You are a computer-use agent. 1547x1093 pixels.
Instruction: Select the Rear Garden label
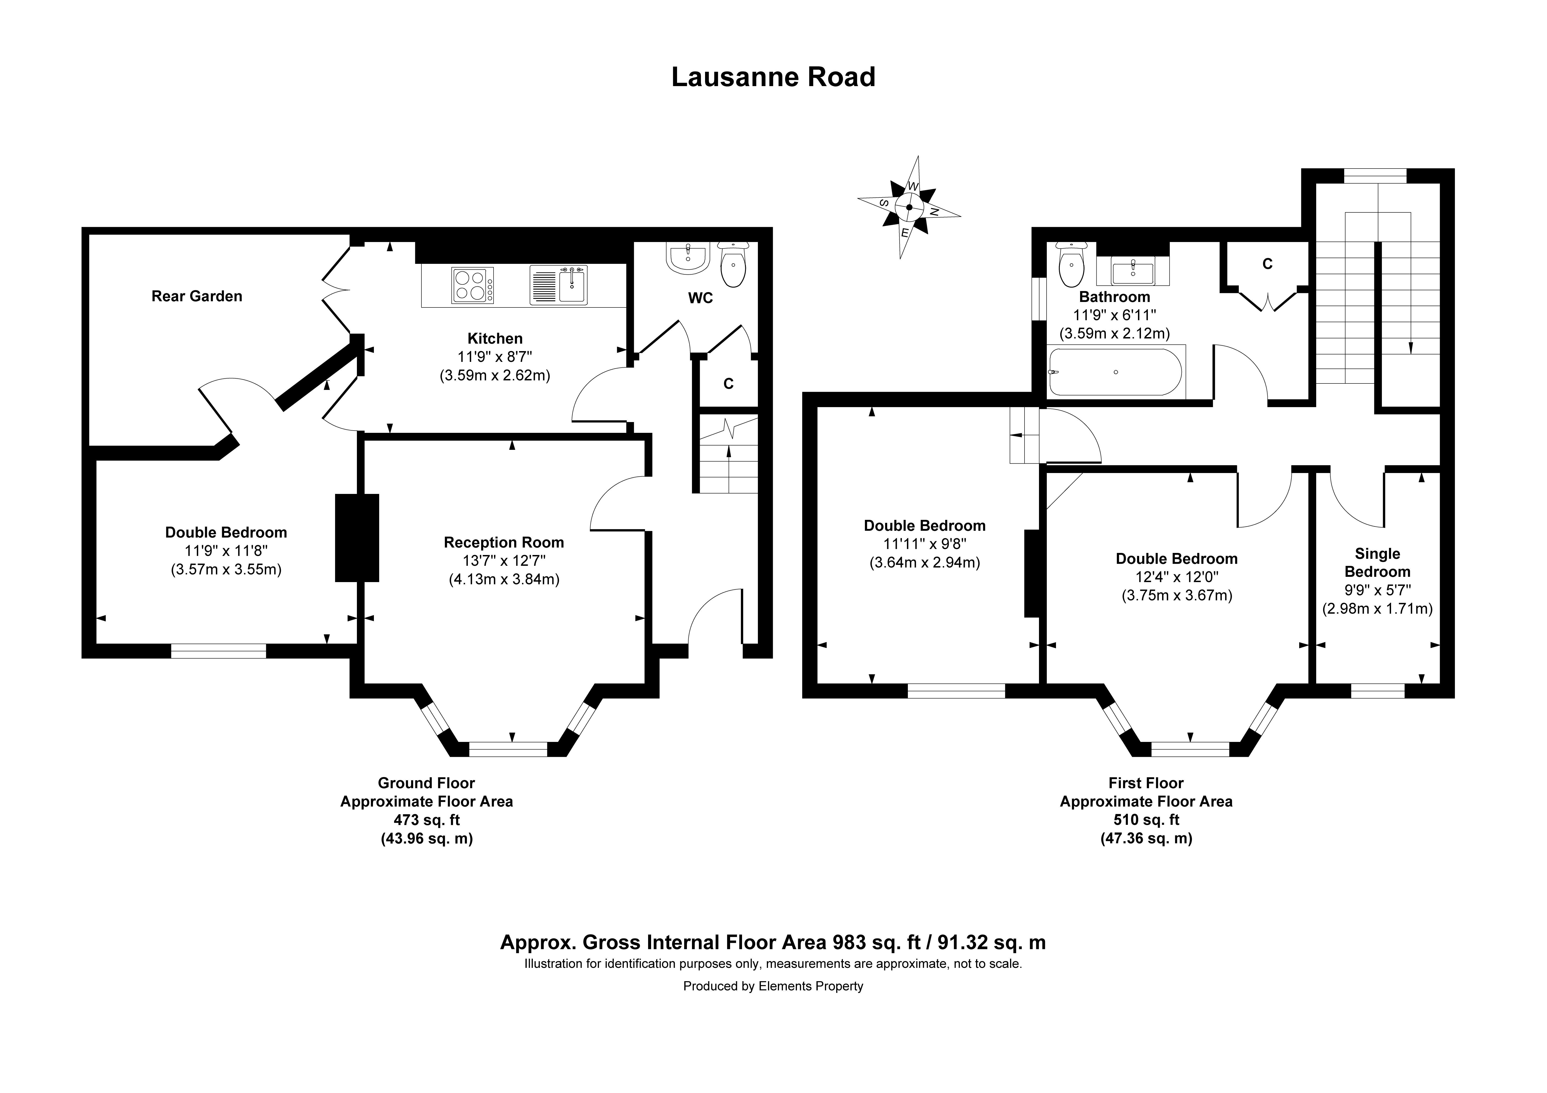(x=197, y=296)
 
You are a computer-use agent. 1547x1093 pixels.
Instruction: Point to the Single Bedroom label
(x=1377, y=563)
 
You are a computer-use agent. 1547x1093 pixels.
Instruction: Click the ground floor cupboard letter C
(x=728, y=384)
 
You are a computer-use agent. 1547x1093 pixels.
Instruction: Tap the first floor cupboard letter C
(x=1267, y=264)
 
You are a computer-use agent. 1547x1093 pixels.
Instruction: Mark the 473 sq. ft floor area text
(x=426, y=820)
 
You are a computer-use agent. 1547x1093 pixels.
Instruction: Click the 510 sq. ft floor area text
(x=1146, y=820)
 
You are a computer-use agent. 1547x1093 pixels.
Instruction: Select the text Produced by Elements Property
(x=773, y=986)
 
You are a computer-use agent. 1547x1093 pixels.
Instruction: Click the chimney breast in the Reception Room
(x=357, y=538)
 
